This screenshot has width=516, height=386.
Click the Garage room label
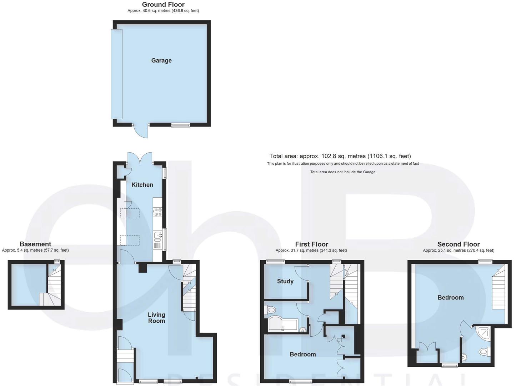coord(161,60)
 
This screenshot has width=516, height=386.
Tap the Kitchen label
coord(142,185)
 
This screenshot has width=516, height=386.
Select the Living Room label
coord(156,318)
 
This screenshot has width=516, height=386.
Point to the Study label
coord(285,281)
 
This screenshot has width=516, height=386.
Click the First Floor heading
coord(311,244)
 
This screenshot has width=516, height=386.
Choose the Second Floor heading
coord(459,244)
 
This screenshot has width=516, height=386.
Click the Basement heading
coord(35,244)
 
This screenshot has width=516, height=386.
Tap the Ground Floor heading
coord(163,5)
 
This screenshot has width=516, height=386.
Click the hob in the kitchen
coord(157,212)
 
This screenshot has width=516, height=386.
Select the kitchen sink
coord(157,235)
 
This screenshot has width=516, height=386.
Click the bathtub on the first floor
coord(282,324)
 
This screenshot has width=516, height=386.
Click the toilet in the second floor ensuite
coord(484,352)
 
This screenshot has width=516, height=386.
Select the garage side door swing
coord(142,132)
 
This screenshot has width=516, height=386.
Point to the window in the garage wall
coord(180,125)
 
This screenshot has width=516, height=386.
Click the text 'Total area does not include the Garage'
coord(343,172)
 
